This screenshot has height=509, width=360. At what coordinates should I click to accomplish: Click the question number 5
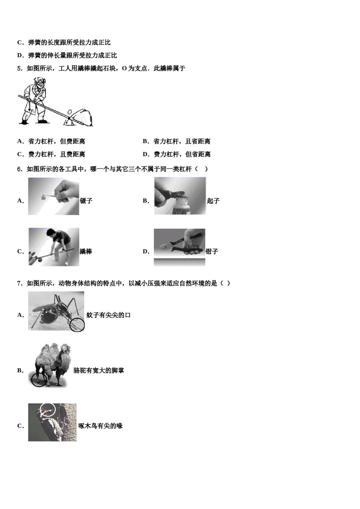(19, 69)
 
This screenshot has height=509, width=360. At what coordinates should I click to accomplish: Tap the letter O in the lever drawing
(69, 112)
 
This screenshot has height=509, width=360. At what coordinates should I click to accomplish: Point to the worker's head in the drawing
(40, 82)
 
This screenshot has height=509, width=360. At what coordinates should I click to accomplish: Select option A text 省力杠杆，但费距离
(56, 142)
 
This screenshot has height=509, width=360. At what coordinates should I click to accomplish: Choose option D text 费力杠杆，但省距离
(182, 155)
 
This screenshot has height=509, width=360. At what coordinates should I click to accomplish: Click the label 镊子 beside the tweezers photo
(86, 201)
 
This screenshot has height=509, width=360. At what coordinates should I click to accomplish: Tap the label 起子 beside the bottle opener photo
(213, 201)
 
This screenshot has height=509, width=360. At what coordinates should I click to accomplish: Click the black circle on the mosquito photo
(77, 325)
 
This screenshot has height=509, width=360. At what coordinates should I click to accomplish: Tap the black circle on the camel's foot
(39, 379)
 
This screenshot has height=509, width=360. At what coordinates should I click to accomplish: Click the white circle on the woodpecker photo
(48, 409)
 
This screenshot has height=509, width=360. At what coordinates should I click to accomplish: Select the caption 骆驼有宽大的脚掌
(99, 371)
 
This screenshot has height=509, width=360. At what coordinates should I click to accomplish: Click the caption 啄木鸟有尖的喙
(100, 426)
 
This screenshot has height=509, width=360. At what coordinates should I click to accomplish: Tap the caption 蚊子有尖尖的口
(108, 315)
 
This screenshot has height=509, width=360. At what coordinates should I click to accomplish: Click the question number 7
(19, 284)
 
